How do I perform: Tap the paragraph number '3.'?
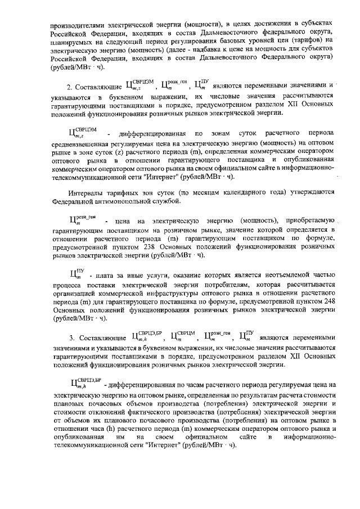coord(73,338)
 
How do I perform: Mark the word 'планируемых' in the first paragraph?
coord(74,41)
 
